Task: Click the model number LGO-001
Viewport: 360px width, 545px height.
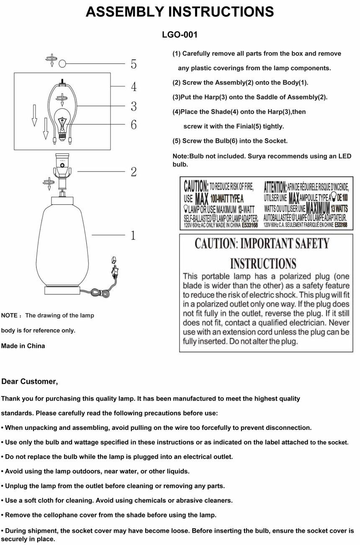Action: pos(180,35)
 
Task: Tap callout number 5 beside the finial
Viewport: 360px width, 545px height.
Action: pos(134,64)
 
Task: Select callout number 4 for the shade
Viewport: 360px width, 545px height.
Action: pos(134,87)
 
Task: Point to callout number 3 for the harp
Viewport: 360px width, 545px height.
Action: pos(134,106)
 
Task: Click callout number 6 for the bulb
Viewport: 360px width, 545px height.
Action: pos(134,125)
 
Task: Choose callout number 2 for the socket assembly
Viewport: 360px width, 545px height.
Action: pos(134,172)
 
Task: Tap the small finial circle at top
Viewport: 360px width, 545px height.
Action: pos(62,64)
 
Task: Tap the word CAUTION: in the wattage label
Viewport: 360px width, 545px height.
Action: pos(196,185)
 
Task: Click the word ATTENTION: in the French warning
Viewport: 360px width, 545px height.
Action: pos(275,187)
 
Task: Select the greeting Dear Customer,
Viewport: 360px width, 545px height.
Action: pos(30,381)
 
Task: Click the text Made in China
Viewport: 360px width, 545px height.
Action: pos(23,346)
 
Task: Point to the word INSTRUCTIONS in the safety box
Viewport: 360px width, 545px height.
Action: pos(263,264)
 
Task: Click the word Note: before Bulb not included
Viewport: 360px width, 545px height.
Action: pos(180,156)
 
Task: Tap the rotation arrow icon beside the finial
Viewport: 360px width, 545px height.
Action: pos(51,60)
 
